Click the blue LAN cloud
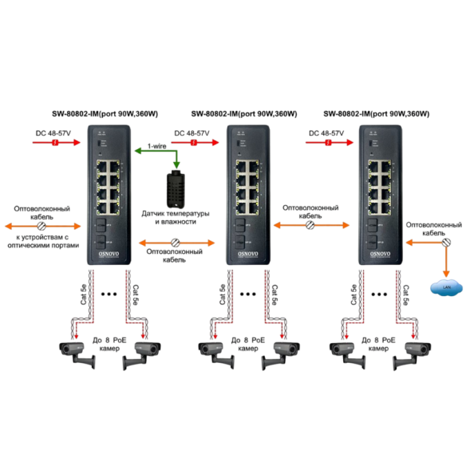tap(440, 286)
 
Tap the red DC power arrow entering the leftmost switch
tap(54, 142)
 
